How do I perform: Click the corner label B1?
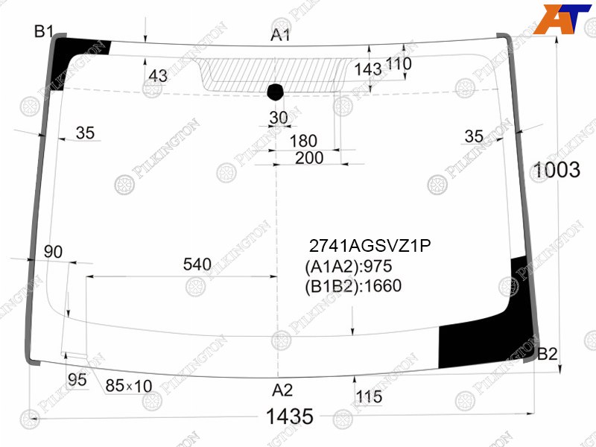pyautogui.click(x=44, y=31)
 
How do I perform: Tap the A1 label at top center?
pyautogui.click(x=281, y=35)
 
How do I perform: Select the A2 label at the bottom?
pyautogui.click(x=282, y=390)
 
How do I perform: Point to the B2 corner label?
pyautogui.click(x=548, y=355)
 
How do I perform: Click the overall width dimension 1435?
pyautogui.click(x=290, y=416)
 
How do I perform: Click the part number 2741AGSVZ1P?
pyautogui.click(x=370, y=247)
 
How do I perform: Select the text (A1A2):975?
pyautogui.click(x=348, y=267)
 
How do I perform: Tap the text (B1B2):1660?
pyautogui.click(x=353, y=286)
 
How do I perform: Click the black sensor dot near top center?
pyautogui.click(x=276, y=92)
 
